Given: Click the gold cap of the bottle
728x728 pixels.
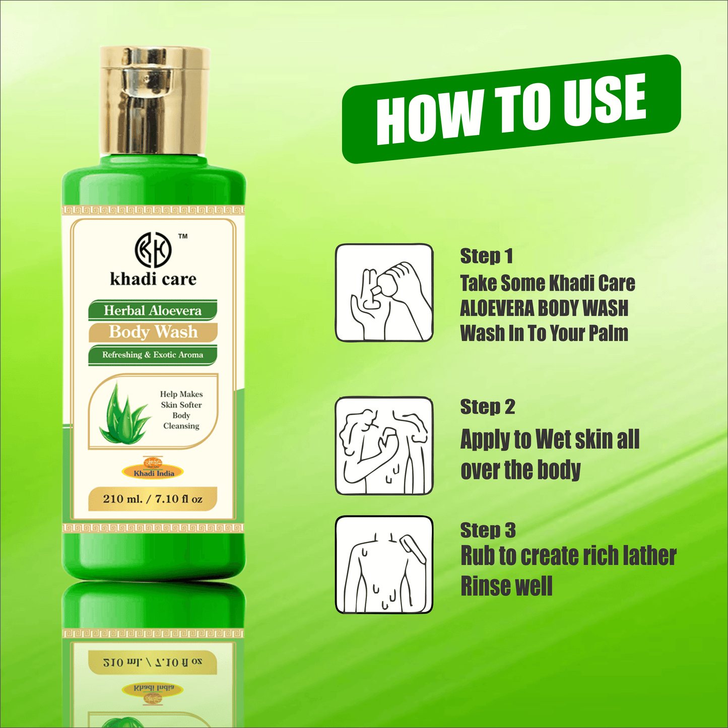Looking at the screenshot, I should [x=154, y=101].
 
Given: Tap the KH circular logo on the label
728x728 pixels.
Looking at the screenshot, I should [x=153, y=250].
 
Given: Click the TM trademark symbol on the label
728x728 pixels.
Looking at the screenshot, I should [x=183, y=236].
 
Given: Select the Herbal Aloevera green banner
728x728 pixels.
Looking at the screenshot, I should [x=153, y=310].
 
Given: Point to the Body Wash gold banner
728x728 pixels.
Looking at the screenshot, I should [x=153, y=332].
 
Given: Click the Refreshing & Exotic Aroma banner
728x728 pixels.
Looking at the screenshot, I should [x=153, y=355].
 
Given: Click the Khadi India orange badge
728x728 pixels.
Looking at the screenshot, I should [x=153, y=472].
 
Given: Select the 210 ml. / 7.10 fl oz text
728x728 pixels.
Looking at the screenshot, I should [x=153, y=499].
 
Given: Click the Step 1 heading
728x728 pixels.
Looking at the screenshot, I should [x=486, y=256].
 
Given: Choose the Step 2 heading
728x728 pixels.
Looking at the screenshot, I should [x=488, y=407].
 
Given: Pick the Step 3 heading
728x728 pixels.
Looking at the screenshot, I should [x=488, y=530].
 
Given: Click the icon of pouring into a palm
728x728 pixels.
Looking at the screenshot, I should [x=384, y=293].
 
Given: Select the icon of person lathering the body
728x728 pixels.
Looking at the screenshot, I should [x=384, y=445].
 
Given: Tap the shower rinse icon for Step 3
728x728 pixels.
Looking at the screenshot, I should [x=384, y=565].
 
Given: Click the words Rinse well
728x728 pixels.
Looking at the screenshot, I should [x=506, y=586].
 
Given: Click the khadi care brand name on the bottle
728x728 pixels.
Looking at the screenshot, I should [x=153, y=279].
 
